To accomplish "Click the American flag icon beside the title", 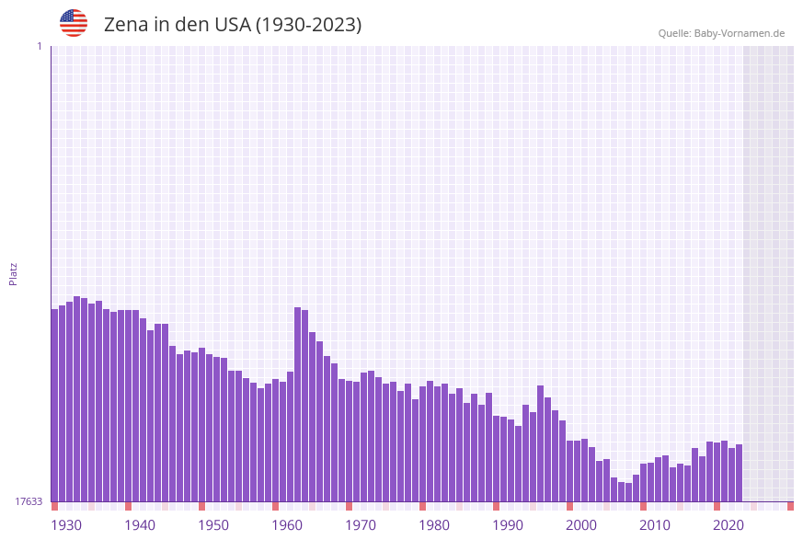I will tap(74, 23).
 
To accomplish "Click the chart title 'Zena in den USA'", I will tap(233, 25).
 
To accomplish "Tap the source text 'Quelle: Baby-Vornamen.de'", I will tap(721, 33).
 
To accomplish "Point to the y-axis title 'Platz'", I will tap(14, 273).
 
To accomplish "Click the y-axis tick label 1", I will tap(39, 46).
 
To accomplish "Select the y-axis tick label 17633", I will tap(29, 501).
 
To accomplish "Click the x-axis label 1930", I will tap(66, 525).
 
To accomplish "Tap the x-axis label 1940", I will tap(140, 525).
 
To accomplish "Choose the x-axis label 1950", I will tap(213, 525).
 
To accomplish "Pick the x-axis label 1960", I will tap(287, 525).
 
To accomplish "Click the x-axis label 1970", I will tap(361, 525).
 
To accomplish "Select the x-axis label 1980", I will tap(434, 525).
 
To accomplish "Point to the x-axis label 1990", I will tap(508, 525).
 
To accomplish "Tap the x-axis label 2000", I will tap(581, 525).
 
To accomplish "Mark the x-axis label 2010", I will tap(655, 525).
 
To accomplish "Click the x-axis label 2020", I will tap(728, 525).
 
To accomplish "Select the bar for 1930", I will tap(55, 405).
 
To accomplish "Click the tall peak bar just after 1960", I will tap(298, 405).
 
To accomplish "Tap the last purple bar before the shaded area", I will tap(739, 473).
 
